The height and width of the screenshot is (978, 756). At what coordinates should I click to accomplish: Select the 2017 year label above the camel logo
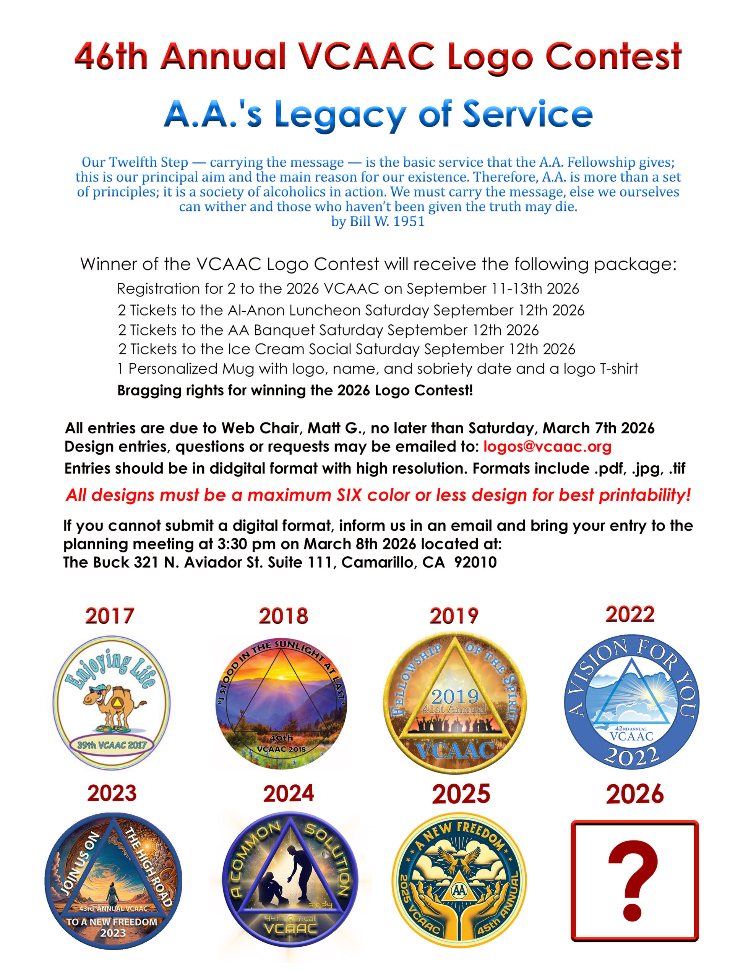tap(110, 616)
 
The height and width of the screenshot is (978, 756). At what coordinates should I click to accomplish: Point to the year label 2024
tap(288, 793)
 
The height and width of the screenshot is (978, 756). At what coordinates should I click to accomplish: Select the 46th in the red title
tap(111, 57)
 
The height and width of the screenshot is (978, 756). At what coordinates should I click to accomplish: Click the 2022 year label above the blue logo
tap(629, 614)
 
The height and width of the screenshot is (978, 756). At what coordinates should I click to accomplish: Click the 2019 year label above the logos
tap(454, 616)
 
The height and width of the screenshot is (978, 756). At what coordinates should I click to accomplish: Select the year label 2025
tap(461, 794)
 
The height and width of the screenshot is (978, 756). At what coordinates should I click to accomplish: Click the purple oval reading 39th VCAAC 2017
tap(112, 745)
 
